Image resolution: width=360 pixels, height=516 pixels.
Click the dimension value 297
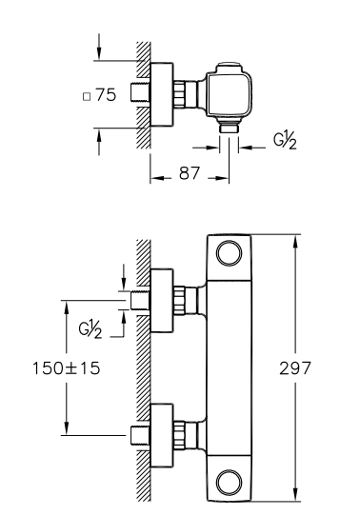(295, 367)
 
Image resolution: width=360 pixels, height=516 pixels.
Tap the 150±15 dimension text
(66, 367)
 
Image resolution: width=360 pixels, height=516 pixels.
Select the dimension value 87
(190, 173)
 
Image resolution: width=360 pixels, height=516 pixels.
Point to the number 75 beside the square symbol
(106, 95)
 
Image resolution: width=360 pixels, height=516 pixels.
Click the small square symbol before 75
(87, 97)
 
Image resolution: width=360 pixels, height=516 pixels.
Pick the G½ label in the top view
(285, 141)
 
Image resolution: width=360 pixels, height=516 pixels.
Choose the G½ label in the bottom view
(90, 329)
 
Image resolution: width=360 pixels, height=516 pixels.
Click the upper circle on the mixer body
(229, 253)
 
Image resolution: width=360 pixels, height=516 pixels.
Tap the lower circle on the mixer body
(229, 483)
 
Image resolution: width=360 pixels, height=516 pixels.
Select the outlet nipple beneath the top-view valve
(229, 128)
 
